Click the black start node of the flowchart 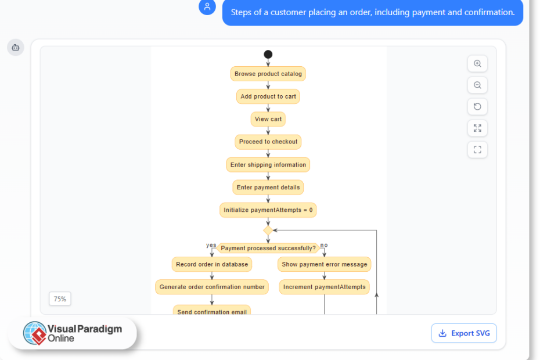pyautogui.click(x=268, y=55)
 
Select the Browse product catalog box pyautogui.click(x=268, y=74)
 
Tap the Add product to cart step pyautogui.click(x=268, y=96)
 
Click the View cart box pyautogui.click(x=268, y=119)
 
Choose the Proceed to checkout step pyautogui.click(x=268, y=142)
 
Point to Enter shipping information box pyautogui.click(x=268, y=165)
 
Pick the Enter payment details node pyautogui.click(x=268, y=188)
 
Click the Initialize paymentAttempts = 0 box pyautogui.click(x=268, y=210)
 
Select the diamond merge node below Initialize pyautogui.click(x=268, y=231)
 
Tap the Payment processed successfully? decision pyautogui.click(x=268, y=248)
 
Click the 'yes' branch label pyautogui.click(x=211, y=245)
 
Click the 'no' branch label pyautogui.click(x=324, y=245)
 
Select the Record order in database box pyautogui.click(x=212, y=264)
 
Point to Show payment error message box pyautogui.click(x=325, y=264)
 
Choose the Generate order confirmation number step pyautogui.click(x=212, y=287)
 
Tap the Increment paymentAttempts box pyautogui.click(x=325, y=287)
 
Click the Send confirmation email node pyautogui.click(x=212, y=311)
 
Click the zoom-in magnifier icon pyautogui.click(x=477, y=64)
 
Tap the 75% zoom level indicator pyautogui.click(x=60, y=299)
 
